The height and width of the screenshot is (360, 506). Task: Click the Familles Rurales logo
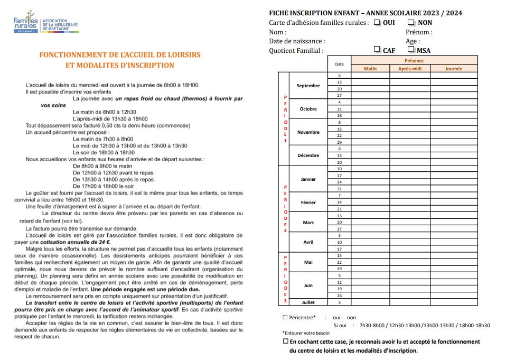click(26, 22)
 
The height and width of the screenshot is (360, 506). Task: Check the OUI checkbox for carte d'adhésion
click(377, 23)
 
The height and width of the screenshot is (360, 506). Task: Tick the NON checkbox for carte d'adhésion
click(411, 23)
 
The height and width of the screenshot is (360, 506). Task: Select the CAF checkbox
click(377, 50)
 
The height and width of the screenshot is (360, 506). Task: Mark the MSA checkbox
click(411, 50)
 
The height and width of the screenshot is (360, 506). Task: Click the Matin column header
click(370, 69)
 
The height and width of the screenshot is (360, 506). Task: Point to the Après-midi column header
click(410, 69)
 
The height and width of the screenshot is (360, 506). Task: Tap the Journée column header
click(453, 69)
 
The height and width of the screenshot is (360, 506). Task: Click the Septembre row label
click(308, 86)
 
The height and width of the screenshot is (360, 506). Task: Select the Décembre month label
click(308, 155)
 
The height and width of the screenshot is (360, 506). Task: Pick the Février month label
click(308, 202)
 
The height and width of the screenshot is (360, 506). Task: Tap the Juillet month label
click(308, 302)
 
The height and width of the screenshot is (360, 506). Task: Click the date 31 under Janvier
click(339, 189)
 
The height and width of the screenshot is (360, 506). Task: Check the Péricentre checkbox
click(285, 317)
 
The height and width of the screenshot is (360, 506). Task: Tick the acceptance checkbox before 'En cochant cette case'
click(286, 341)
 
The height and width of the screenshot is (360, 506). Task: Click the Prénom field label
click(419, 32)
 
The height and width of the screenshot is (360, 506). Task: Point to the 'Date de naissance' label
click(297, 41)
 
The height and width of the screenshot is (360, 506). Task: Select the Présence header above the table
click(414, 61)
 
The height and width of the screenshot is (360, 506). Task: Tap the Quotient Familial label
click(296, 51)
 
